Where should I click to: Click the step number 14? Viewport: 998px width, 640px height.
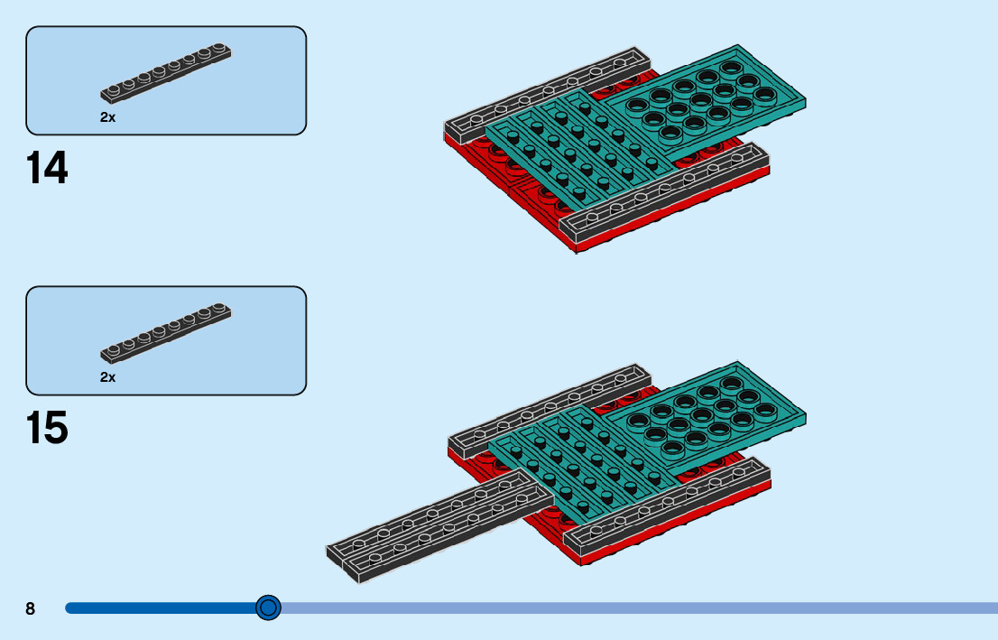coord(47,168)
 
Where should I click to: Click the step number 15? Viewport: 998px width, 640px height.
coord(47,428)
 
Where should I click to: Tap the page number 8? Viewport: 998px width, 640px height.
coord(30,608)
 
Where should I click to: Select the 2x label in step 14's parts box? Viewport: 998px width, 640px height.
coord(107,117)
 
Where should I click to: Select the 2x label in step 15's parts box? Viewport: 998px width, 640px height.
coord(107,377)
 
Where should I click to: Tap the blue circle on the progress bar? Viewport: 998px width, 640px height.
coord(268,608)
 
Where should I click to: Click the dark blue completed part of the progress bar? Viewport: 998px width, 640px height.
coord(162,608)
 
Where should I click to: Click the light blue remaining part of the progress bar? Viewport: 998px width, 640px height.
coord(632,608)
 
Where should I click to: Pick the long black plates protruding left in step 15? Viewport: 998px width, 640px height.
coord(433,528)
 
